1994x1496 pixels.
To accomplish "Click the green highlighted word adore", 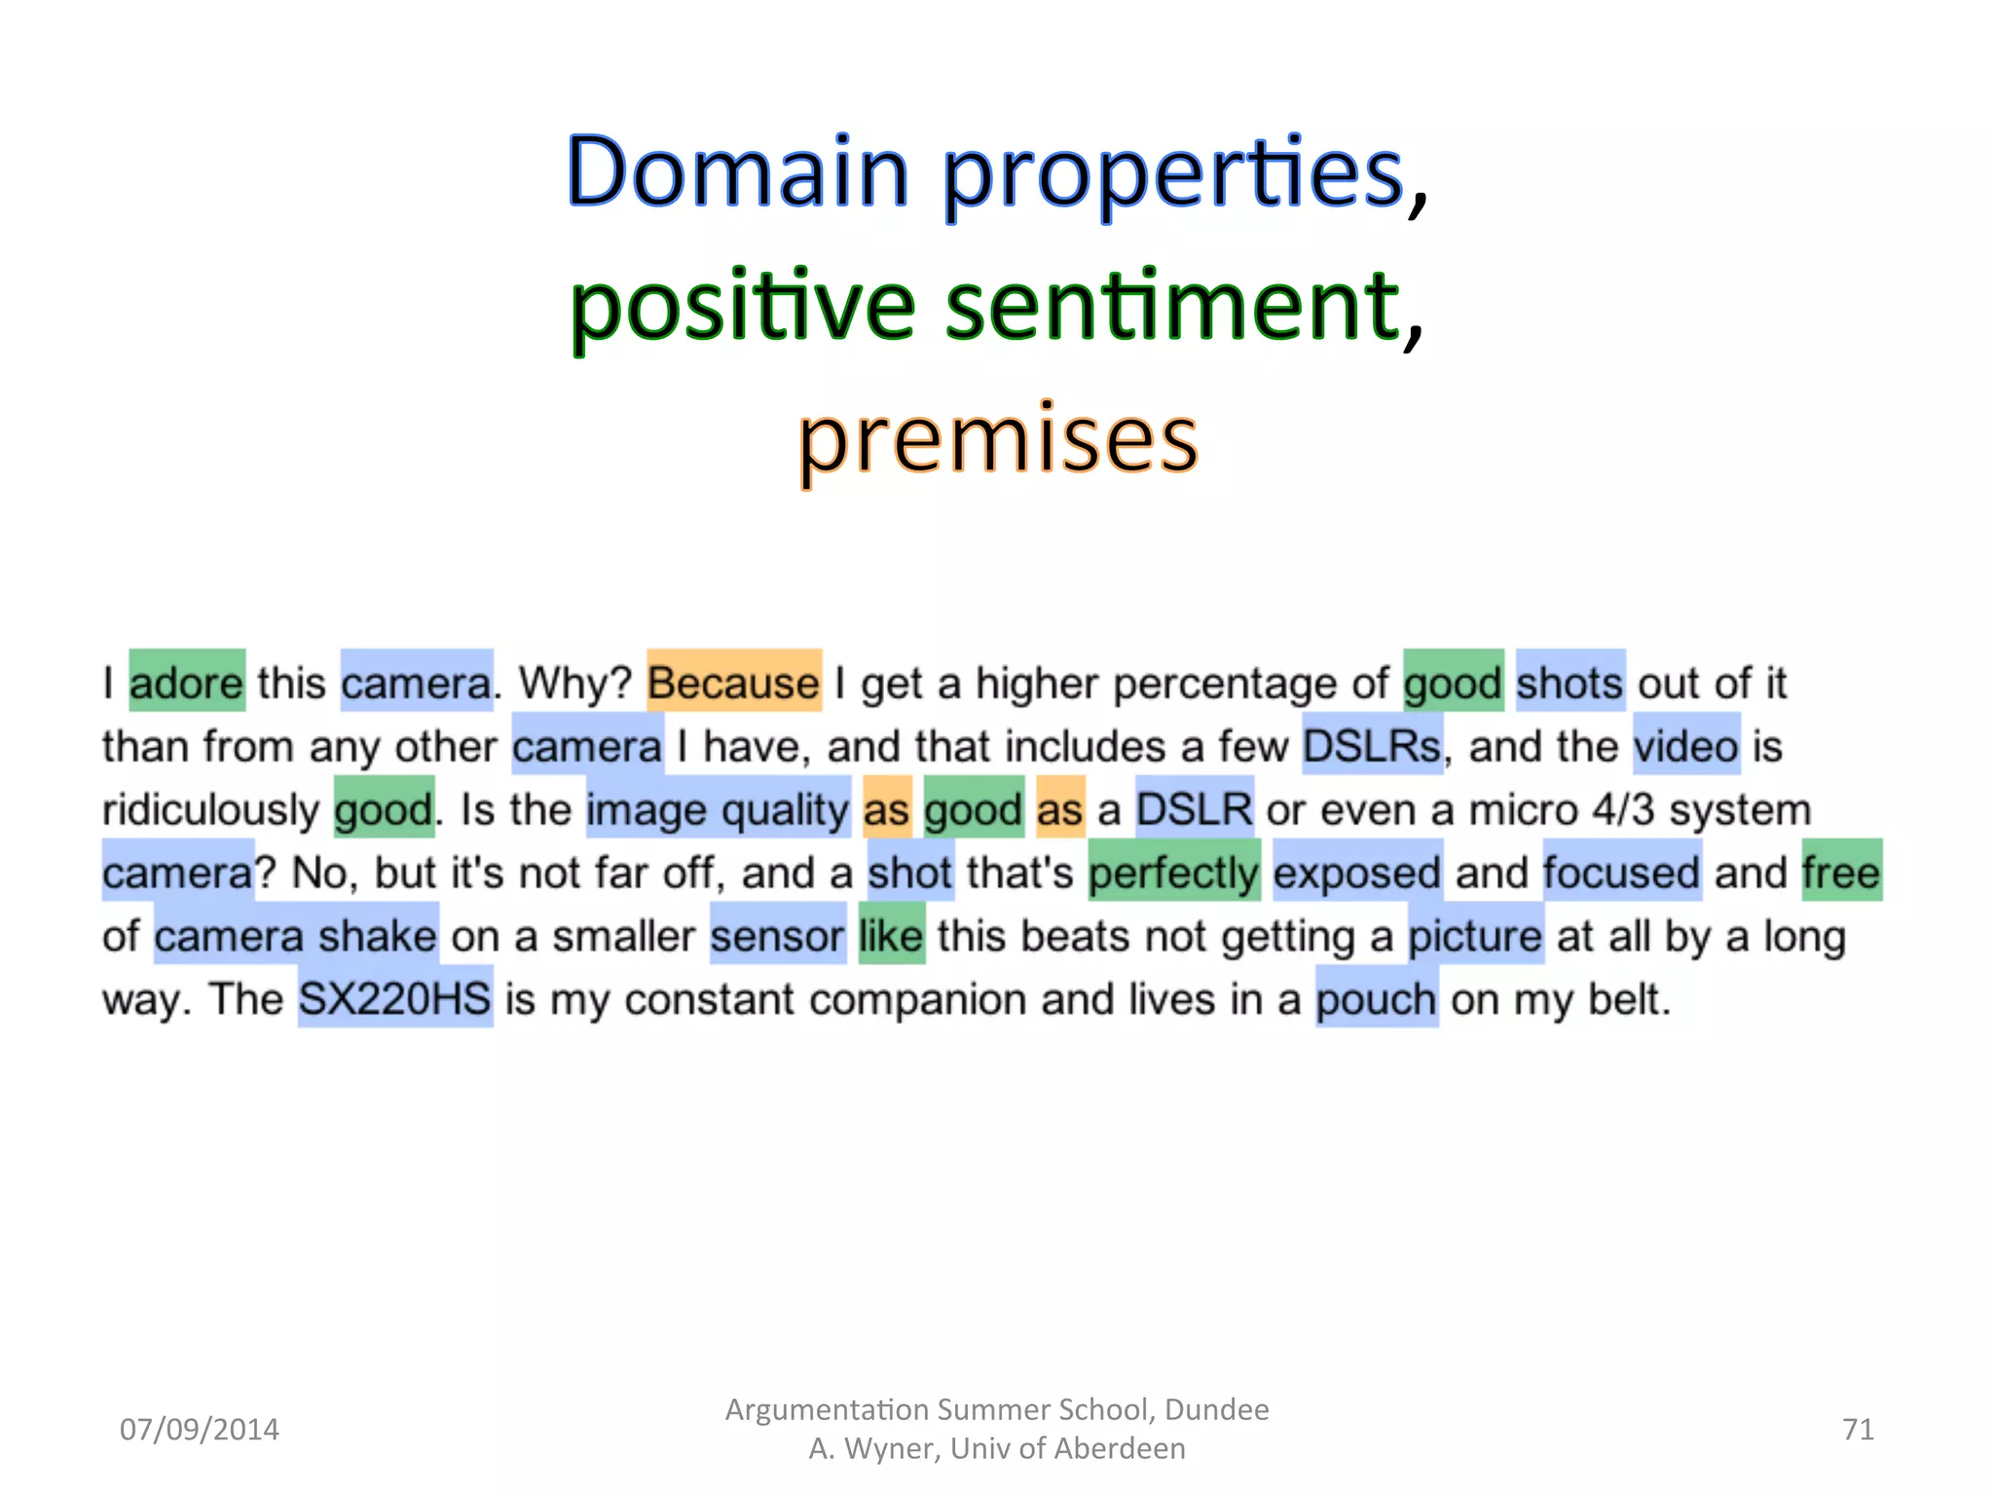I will click(x=187, y=681).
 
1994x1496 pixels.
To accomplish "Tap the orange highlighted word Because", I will click(x=734, y=681).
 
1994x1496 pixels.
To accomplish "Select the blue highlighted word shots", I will click(x=1569, y=681).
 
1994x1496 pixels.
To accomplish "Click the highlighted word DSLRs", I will click(x=1372, y=745).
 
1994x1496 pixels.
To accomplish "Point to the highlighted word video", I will click(x=1685, y=745).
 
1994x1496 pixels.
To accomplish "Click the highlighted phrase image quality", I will click(x=718, y=808).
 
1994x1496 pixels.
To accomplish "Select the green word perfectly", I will click(x=1173, y=872).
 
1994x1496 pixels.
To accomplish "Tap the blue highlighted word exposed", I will click(x=1356, y=872).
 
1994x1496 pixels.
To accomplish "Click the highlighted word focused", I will click(x=1621, y=872).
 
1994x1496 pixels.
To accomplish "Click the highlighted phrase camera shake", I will click(x=295, y=935).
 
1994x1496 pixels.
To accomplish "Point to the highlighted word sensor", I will click(x=777, y=935).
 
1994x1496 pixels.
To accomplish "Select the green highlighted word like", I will click(x=890, y=935).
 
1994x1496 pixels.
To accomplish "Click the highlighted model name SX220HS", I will click(x=394, y=998).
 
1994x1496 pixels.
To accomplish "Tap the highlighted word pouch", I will click(x=1376, y=998).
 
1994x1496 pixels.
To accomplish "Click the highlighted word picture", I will click(x=1475, y=935).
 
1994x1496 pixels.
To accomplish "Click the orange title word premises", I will click(x=998, y=440).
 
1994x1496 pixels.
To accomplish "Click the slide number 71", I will click(x=1858, y=1429).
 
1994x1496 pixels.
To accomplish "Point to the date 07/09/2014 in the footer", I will click(x=199, y=1429).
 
